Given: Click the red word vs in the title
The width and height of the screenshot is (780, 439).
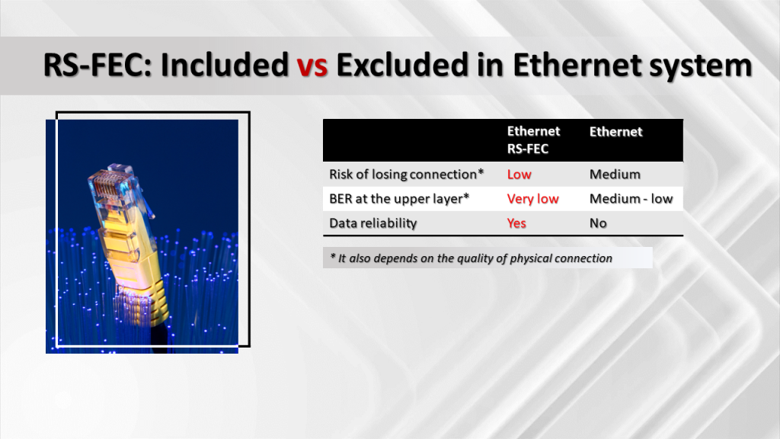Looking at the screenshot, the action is (x=312, y=66).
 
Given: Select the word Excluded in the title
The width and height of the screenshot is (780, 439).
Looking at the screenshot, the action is (x=402, y=65).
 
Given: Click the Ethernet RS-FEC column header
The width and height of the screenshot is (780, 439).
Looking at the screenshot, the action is (x=533, y=140).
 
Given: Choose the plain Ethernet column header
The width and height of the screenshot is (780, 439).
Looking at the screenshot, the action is (x=615, y=131).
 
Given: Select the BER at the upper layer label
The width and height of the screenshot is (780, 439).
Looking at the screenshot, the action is (x=399, y=199).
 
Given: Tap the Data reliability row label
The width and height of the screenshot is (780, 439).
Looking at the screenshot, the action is (x=373, y=223).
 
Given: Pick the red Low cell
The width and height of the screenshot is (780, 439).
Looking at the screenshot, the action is (x=519, y=175).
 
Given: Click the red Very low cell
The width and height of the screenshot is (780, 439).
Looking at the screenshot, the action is (x=532, y=199).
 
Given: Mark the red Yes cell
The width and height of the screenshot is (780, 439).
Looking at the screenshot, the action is (x=516, y=223).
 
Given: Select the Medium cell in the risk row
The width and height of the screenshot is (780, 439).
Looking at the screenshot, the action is (x=615, y=175).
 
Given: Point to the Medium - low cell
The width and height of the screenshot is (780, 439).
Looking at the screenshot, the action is (x=631, y=199).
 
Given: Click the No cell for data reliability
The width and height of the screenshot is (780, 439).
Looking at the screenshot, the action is (x=598, y=223).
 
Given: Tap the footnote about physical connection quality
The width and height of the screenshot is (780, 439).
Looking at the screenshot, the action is (x=471, y=258).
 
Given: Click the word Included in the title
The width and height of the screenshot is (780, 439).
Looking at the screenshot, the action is (x=225, y=65).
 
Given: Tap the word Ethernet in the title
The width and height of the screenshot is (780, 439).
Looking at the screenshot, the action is (x=577, y=65).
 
